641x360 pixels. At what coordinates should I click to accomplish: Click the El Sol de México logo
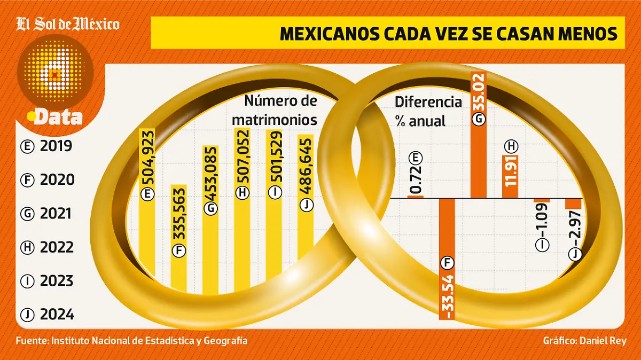tap(68, 24)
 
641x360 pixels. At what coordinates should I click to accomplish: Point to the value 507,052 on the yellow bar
tap(243, 160)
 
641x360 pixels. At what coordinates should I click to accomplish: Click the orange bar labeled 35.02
tap(479, 134)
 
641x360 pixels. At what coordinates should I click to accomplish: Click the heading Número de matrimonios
tap(280, 110)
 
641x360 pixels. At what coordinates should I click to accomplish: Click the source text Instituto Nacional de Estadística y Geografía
tap(150, 340)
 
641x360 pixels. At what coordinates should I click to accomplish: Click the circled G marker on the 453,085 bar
tap(210, 208)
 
